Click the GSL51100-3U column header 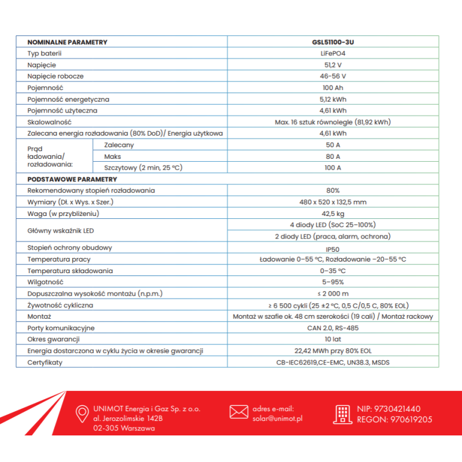(x=332, y=42)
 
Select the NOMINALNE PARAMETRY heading (x=67, y=42)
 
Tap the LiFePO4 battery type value (x=332, y=54)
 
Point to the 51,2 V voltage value (x=332, y=65)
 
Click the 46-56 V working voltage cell (x=332, y=76)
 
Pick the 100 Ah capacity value (x=332, y=88)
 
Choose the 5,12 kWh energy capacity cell (x=332, y=99)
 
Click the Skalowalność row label (x=49, y=122)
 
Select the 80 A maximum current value (x=332, y=157)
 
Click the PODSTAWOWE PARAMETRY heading (x=68, y=179)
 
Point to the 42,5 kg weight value (x=332, y=214)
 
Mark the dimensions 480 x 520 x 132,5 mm (x=332, y=202)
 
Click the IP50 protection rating (x=332, y=248)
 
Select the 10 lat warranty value (x=332, y=340)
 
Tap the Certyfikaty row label (x=44, y=362)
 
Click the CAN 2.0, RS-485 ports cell (x=332, y=328)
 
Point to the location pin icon (x=82, y=413)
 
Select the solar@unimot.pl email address (x=278, y=419)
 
